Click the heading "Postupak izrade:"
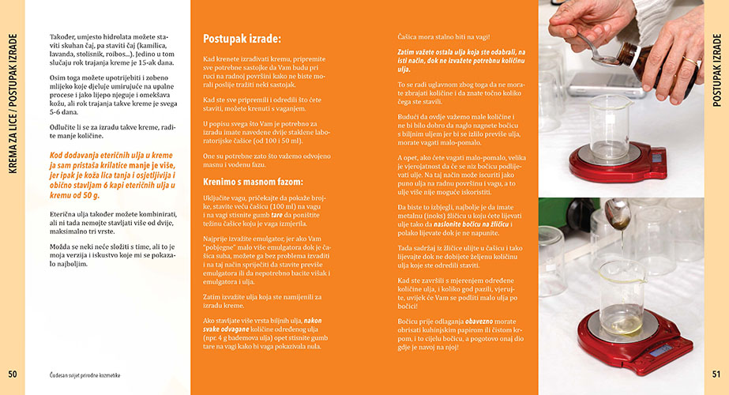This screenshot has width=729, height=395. (x=242, y=38)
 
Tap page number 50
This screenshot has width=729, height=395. (x=12, y=374)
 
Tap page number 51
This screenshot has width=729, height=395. (x=716, y=374)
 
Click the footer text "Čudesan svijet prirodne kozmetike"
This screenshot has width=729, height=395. (x=85, y=374)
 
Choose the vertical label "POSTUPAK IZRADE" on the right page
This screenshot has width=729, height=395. (x=716, y=70)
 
